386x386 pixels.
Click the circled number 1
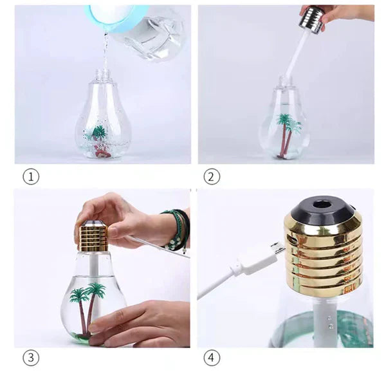[31, 176]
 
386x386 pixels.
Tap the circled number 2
[212, 176]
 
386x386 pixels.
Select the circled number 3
[31, 358]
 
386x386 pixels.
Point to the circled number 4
[212, 358]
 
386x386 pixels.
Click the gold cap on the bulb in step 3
[93, 236]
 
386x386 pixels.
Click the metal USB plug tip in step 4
[278, 249]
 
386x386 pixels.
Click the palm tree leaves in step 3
[88, 291]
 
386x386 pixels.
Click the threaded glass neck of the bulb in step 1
[102, 75]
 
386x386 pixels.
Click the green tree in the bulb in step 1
[98, 132]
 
